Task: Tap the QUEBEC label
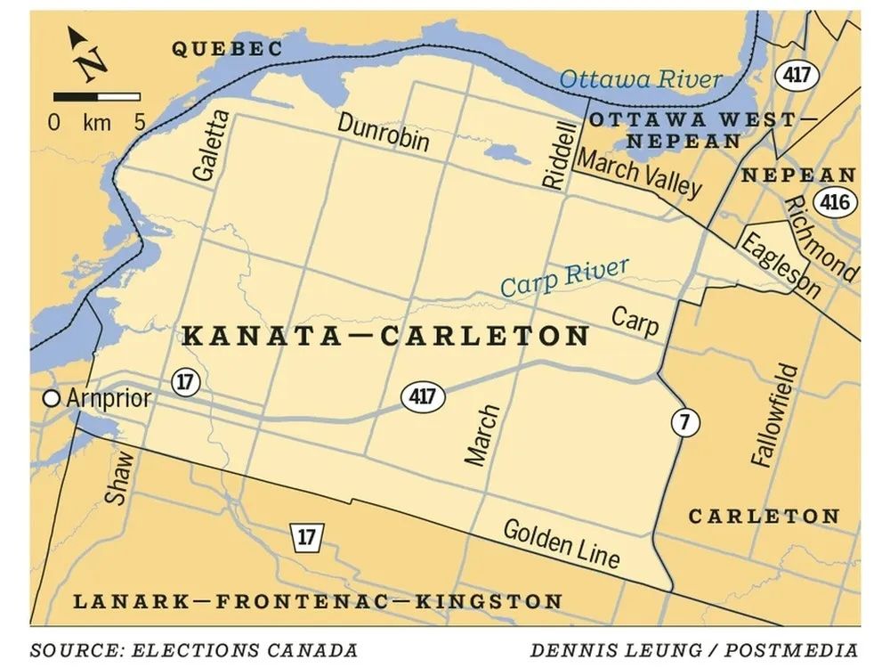[x=227, y=49]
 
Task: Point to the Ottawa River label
[x=640, y=79]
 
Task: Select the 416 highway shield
[x=834, y=202]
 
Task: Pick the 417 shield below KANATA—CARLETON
[x=422, y=395]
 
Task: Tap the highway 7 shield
[x=683, y=423]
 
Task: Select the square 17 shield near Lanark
[x=306, y=537]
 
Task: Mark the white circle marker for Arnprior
[x=53, y=398]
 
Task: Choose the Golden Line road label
[x=561, y=542]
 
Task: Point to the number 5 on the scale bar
[x=139, y=123]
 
